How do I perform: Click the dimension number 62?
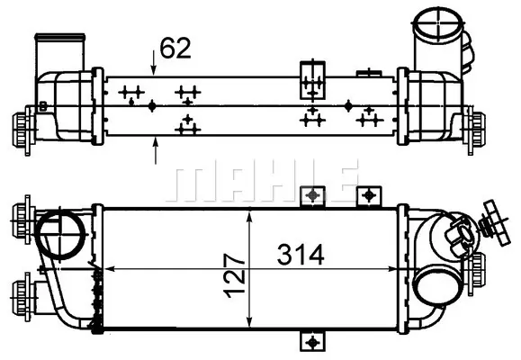pyautogui.click(x=175, y=49)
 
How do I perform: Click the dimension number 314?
pyautogui.click(x=301, y=255)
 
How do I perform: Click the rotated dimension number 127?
pyautogui.click(x=234, y=276)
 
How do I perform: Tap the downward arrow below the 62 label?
pyautogui.click(x=153, y=62)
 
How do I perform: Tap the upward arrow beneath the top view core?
pyautogui.click(x=155, y=151)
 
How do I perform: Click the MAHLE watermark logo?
pyautogui.click(x=262, y=181)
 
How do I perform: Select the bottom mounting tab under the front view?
pyautogui.click(x=312, y=341)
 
